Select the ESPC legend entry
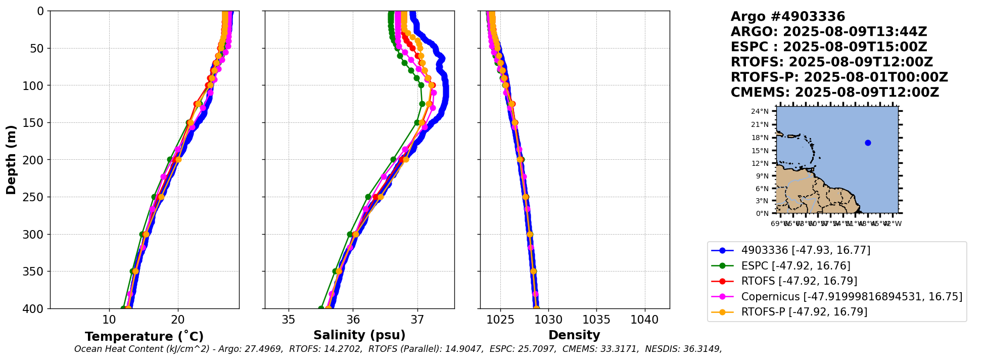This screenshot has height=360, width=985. [x=795, y=266]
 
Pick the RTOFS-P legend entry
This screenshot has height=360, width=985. [x=804, y=312]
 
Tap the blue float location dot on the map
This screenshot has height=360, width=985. [x=868, y=143]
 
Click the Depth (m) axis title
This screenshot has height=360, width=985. [x=11, y=160]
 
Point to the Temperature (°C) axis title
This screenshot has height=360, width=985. [x=144, y=336]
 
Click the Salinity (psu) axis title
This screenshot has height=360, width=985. [x=359, y=335]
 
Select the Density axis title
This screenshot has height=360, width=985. [x=574, y=335]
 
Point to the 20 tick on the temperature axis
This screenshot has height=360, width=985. [x=178, y=320]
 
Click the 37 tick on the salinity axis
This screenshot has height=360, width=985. [x=417, y=320]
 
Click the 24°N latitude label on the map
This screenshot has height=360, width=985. [x=760, y=111]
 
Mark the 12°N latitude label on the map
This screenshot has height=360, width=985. [x=760, y=163]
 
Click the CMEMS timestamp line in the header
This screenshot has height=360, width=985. [x=834, y=93]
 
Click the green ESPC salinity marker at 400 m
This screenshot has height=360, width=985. [x=321, y=308]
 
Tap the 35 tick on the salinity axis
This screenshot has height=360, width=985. [x=289, y=320]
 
